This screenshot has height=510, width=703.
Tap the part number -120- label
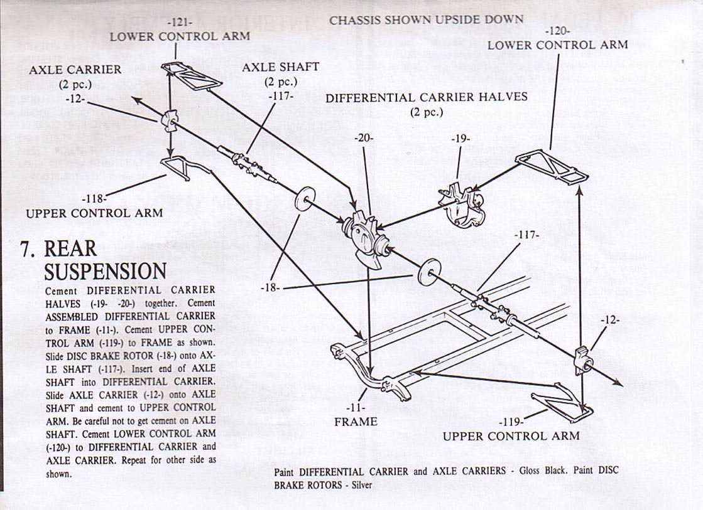(557, 30)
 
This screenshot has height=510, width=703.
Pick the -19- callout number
(460, 139)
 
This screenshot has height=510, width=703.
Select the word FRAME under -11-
(356, 422)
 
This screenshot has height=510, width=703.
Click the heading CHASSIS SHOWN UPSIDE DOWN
(426, 19)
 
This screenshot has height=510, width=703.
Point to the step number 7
(27, 249)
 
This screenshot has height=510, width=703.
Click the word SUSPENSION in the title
(105, 272)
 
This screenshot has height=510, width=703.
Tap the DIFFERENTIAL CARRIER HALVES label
(427, 97)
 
